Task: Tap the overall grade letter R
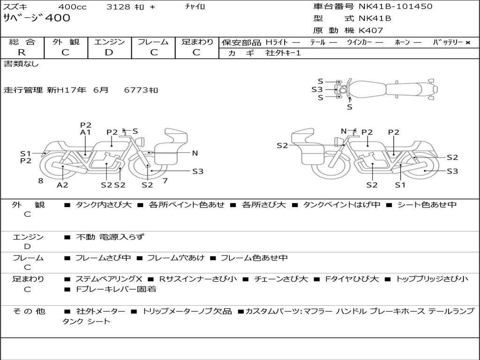pos(22,52)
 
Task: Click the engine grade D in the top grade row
pos(109,52)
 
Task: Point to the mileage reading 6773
pos(136,90)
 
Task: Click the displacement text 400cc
pos(72,7)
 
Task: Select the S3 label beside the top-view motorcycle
pos(317,90)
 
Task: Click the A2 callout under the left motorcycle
pos(62,185)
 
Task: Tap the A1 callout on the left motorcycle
pos(85,132)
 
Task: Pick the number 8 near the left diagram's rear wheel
pos(41,181)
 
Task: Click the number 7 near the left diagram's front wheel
pos(165,180)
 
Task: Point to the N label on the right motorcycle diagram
pos(344,131)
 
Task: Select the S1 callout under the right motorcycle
pos(400,185)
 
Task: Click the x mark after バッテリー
pos(468,43)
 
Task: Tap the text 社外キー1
pos(283,53)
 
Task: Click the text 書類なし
pos(21,64)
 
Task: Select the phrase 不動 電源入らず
pos(110,237)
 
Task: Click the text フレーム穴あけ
pos(176,258)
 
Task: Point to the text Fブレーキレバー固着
pos(116,289)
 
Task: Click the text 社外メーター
pos(100,312)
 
